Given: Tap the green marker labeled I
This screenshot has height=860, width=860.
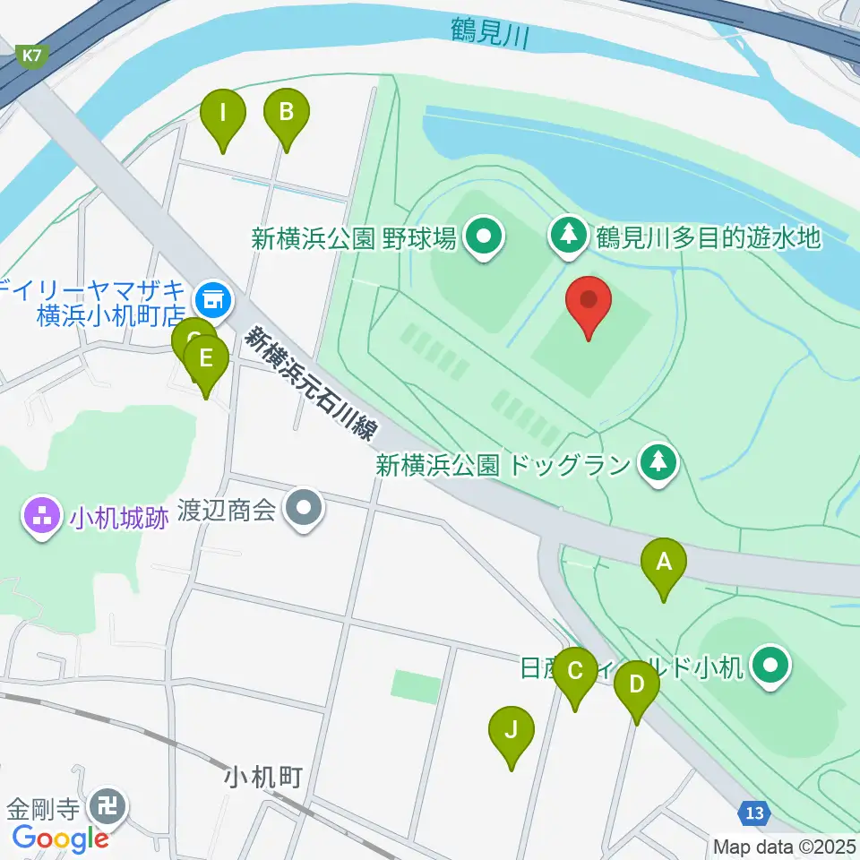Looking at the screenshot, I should coord(223,115).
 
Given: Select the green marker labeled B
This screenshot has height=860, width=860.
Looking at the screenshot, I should coord(286,114).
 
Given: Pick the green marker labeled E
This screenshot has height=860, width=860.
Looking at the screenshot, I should coord(206,360).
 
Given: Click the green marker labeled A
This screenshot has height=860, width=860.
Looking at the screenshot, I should coord(664,563).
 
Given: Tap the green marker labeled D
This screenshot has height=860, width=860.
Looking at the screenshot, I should coord(637,686).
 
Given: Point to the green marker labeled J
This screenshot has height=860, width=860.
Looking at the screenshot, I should coord(512,731).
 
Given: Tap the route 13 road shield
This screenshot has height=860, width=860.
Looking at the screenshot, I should coord(755,813).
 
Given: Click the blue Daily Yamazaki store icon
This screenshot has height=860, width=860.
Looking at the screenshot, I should coord(213,294).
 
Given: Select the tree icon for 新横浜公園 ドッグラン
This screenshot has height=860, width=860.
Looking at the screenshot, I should coord(659,463).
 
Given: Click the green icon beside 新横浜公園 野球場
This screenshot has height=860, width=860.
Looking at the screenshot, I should coord(486,237).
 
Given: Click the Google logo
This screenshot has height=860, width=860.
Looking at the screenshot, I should coord(60,838).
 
